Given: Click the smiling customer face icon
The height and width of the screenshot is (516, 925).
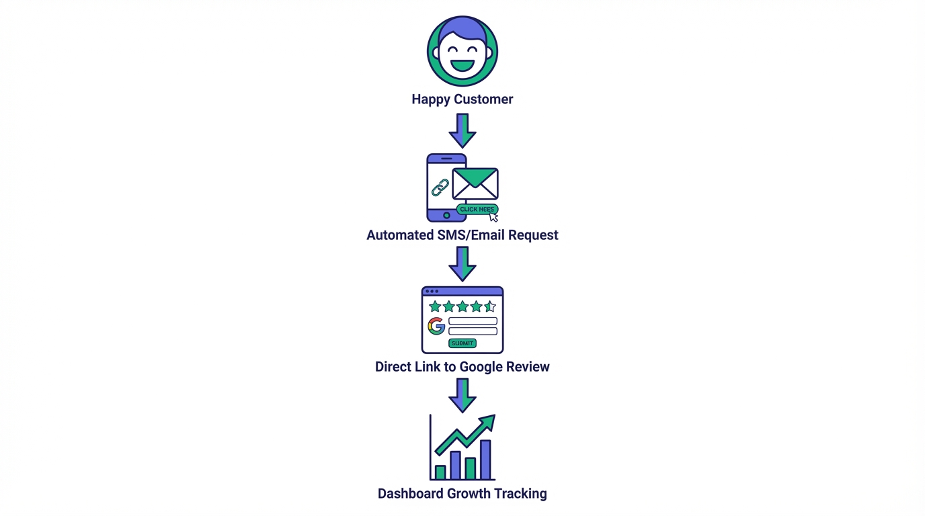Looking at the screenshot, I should [x=462, y=52].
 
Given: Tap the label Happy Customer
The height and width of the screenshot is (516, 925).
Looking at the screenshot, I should [x=462, y=99].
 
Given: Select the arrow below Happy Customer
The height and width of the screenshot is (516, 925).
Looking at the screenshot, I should [x=462, y=130].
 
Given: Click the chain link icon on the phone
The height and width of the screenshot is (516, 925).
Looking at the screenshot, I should [x=440, y=187].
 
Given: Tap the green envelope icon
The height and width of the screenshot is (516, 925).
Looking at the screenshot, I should [x=475, y=183].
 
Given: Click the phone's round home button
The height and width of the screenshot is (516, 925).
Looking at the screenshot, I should [x=446, y=216].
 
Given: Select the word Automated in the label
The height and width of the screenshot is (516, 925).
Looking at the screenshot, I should [x=399, y=235].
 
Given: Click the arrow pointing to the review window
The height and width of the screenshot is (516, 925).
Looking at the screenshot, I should [x=462, y=263].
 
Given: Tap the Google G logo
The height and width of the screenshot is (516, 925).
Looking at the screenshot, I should [x=436, y=327].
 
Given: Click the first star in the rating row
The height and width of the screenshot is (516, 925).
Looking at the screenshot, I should [x=435, y=307].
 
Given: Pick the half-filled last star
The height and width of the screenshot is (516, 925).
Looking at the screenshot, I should [x=490, y=307].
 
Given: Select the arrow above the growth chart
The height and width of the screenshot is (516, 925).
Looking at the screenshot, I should [x=462, y=395].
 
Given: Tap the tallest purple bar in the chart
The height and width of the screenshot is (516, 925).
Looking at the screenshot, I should [x=485, y=460].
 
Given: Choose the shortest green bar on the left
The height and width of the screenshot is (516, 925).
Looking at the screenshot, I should [x=440, y=472].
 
